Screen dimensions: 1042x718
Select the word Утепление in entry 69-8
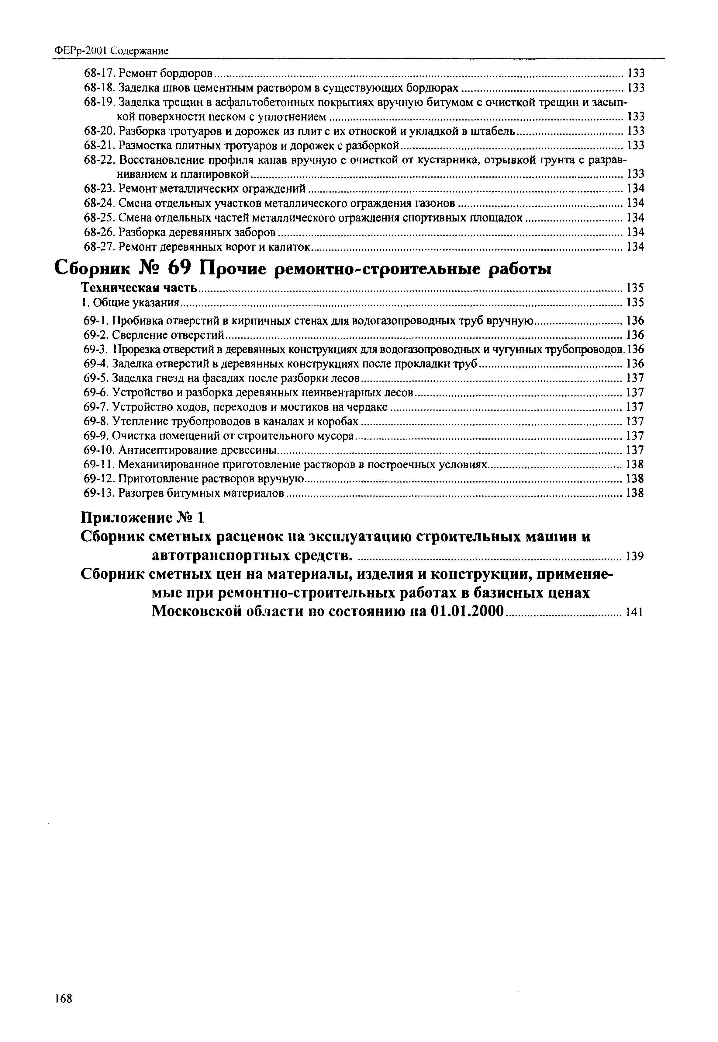(140, 421)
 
